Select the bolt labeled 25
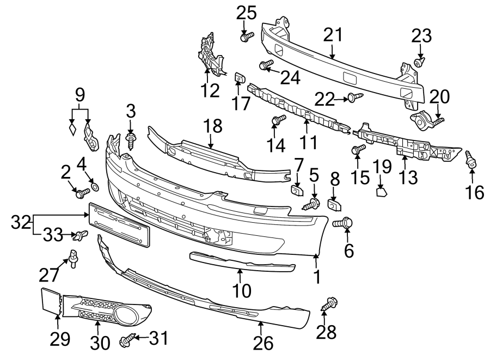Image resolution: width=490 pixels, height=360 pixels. coord(246,37)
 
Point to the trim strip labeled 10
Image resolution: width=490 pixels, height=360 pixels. coord(242,261)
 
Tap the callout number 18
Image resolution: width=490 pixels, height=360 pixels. coord(213,126)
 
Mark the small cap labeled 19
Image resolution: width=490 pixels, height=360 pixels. coord(383,191)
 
